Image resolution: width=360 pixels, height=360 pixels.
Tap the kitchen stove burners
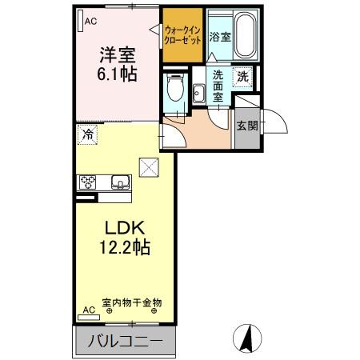86,182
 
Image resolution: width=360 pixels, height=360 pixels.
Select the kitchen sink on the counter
119,182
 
